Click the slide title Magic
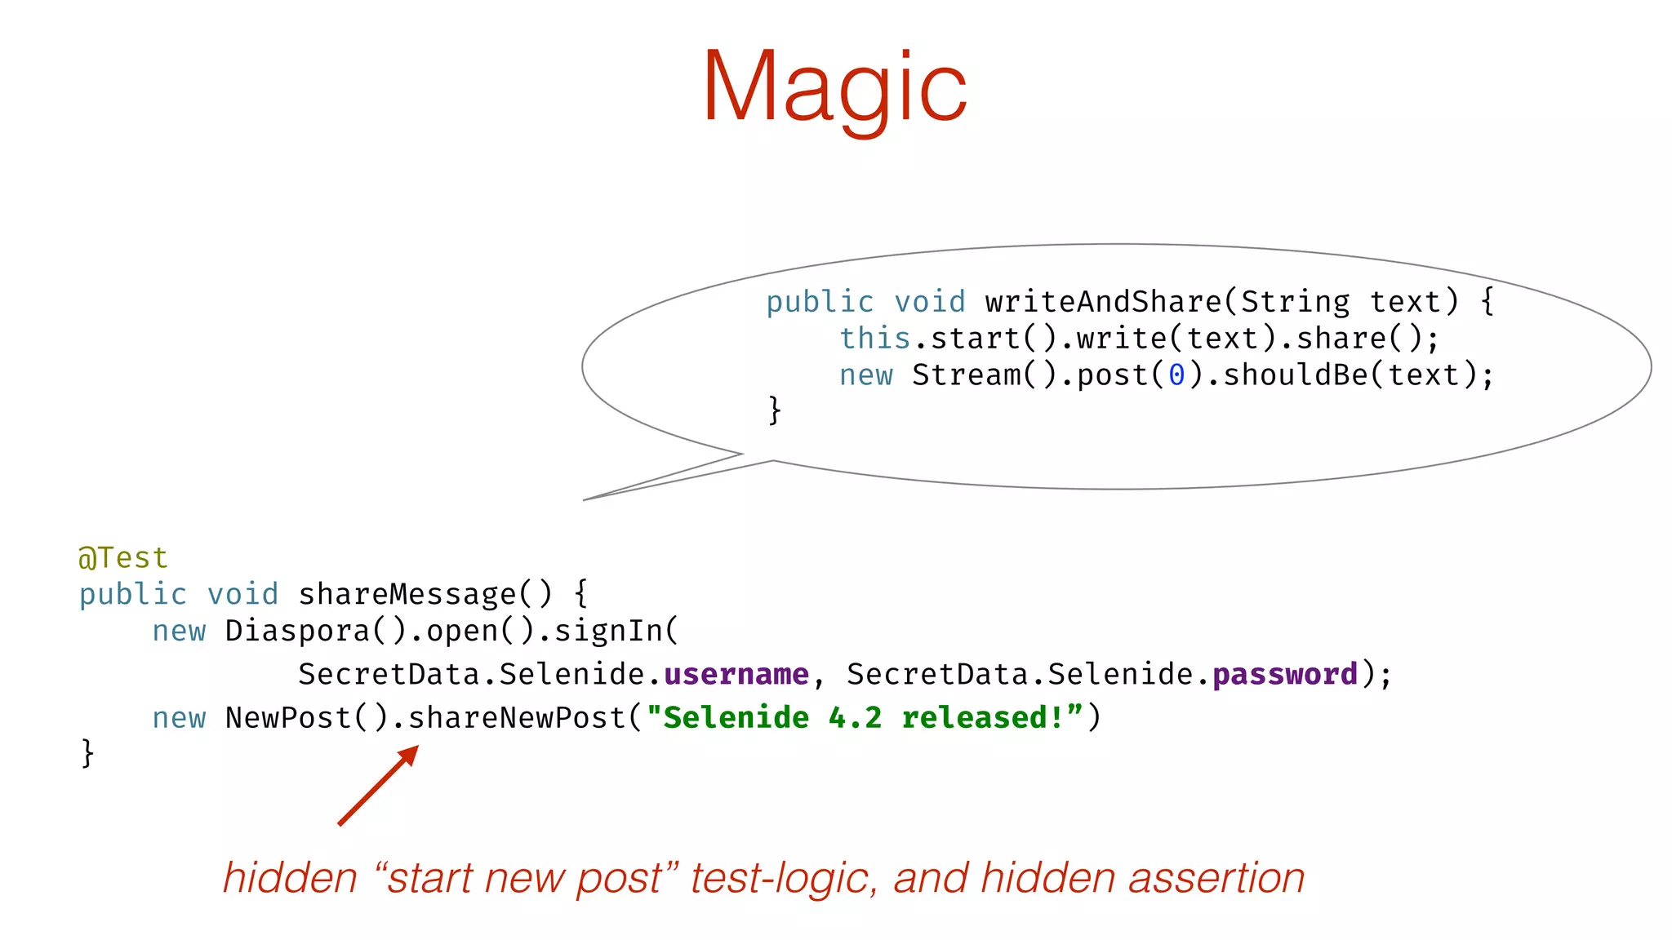[x=834, y=88]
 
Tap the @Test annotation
[x=123, y=558]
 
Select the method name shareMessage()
[x=425, y=594]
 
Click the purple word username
[x=736, y=675]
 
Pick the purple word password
[x=1284, y=675]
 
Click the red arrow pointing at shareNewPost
[x=378, y=785]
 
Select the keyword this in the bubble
[x=874, y=339]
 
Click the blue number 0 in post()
[x=1176, y=375]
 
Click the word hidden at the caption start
[x=291, y=879]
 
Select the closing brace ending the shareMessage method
[x=87, y=752]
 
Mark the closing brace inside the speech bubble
[x=775, y=410]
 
